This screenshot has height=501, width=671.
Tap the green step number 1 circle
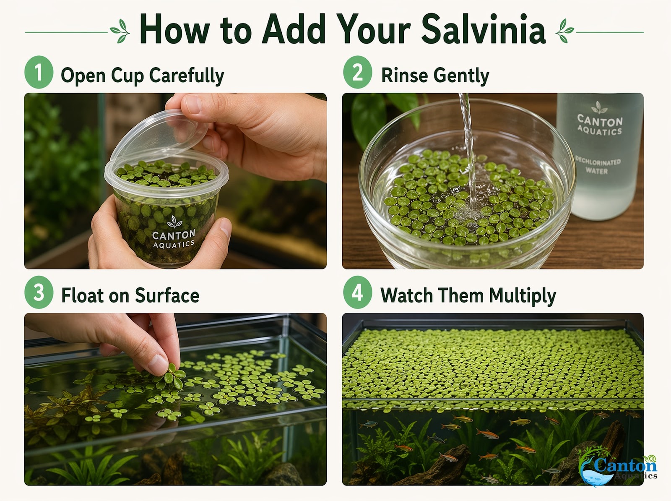39,72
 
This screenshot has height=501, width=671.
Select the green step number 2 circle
357,72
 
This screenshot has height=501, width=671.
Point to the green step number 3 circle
39,292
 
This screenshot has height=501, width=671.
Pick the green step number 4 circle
357,292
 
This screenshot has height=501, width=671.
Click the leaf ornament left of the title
120,31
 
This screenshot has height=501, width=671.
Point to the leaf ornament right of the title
564,31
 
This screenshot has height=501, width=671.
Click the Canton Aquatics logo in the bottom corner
619,467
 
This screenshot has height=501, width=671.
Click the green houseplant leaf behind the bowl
369,117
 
